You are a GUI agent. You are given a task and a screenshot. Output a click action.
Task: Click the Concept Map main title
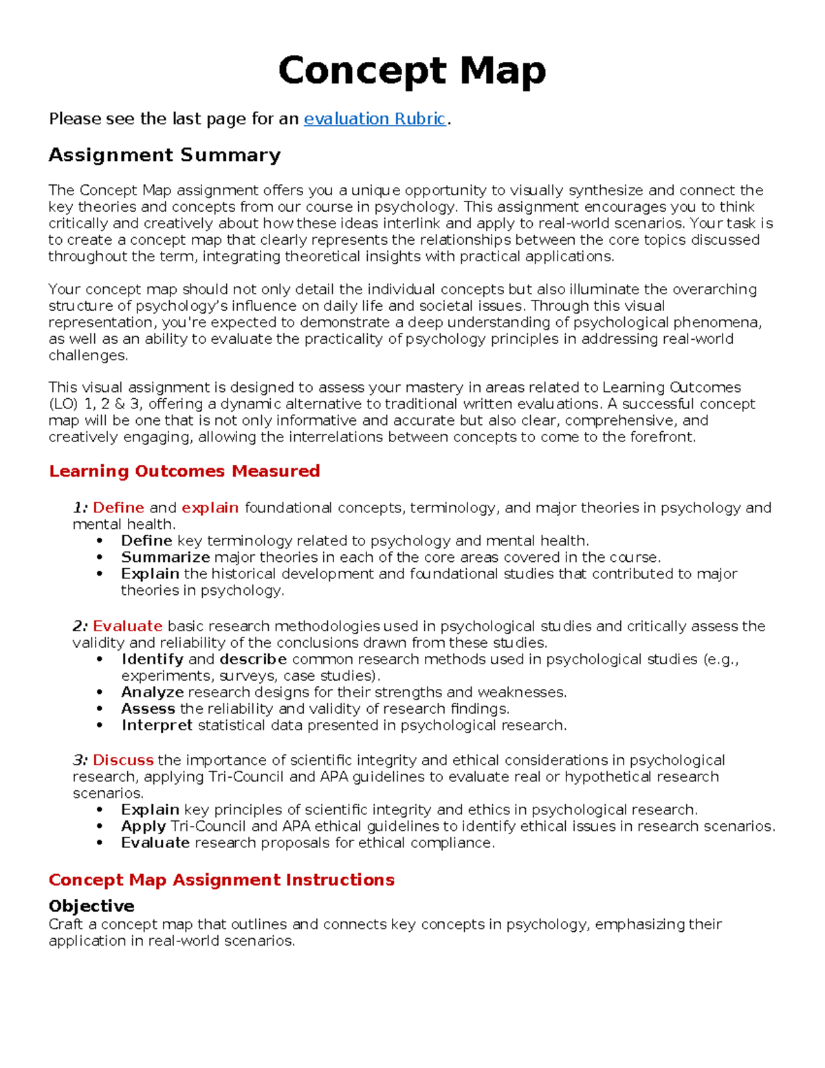(x=412, y=71)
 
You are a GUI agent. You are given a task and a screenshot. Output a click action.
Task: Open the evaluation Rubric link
(x=375, y=119)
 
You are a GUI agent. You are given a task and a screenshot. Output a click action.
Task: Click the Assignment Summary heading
(x=164, y=155)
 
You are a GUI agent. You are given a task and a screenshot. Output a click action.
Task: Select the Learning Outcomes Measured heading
(x=184, y=471)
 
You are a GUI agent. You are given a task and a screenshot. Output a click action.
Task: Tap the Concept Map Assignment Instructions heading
(x=221, y=880)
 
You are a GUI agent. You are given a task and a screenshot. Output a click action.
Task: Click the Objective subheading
(x=91, y=906)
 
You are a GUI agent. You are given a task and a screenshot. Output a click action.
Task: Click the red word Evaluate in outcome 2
(x=127, y=626)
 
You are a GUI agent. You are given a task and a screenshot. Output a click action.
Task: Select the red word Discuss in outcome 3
(x=123, y=761)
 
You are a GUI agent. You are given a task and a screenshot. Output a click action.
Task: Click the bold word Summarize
(x=165, y=558)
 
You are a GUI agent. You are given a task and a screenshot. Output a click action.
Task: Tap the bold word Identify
(x=152, y=660)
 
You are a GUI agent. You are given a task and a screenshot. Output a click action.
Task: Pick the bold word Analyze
(x=152, y=693)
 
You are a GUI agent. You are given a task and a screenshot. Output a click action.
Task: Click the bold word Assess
(x=148, y=709)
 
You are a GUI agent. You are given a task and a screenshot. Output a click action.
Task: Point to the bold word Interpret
(x=157, y=726)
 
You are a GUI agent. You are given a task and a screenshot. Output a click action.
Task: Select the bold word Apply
(x=143, y=827)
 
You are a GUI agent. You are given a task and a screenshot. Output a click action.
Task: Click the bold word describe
(x=253, y=660)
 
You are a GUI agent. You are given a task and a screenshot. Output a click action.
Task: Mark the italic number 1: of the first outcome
(x=80, y=508)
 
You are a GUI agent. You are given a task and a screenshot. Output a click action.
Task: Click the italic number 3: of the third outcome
(x=80, y=761)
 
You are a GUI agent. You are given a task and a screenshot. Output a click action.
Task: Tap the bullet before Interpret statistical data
(x=100, y=726)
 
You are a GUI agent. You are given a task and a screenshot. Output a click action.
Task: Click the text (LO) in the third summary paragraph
(x=63, y=404)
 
